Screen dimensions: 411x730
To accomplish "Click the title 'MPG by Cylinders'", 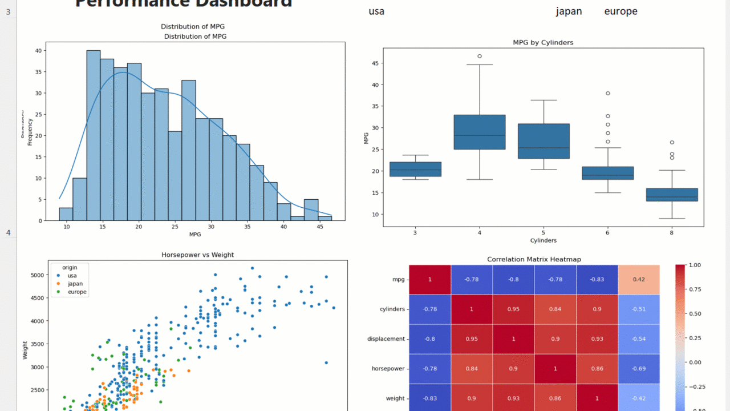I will (543, 42).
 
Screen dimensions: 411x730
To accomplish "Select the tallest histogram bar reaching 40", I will (94, 135).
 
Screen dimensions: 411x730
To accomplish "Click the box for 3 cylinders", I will (415, 169).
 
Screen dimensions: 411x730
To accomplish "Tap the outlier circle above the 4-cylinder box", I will (480, 56).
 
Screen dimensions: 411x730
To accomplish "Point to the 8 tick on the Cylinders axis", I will (671, 233).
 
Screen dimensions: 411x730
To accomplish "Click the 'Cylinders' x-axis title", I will (543, 240).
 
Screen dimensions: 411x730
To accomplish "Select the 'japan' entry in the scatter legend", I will (75, 284).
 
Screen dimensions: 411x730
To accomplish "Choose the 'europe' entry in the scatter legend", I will (77, 292).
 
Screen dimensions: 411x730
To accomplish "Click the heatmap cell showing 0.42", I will (639, 280).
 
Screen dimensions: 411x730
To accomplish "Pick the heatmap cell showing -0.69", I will (639, 369).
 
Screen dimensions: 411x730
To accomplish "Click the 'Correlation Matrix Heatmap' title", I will (534, 259).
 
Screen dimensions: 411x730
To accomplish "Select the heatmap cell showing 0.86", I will (597, 369).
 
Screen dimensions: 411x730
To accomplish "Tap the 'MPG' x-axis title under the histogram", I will (195, 234).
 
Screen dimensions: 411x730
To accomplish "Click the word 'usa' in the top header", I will (376, 11).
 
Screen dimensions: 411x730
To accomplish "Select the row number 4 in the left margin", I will (8, 232).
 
